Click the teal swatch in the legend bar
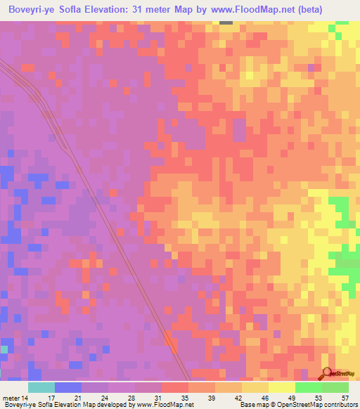coord(41,387)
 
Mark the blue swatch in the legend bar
coord(68,387)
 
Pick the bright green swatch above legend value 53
coord(309,387)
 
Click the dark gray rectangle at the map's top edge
coord(226,22)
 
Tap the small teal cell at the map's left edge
coord(4,349)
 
